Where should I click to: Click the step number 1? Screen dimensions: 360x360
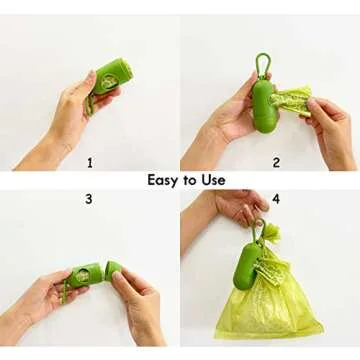(x=89, y=161)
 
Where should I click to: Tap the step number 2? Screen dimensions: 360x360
(x=276, y=161)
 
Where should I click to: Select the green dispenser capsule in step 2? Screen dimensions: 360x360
(x=263, y=105)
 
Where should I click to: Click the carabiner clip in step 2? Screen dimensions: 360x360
(x=262, y=64)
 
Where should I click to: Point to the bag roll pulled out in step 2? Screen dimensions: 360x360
(x=292, y=100)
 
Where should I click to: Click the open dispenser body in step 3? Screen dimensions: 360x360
(x=84, y=276)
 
